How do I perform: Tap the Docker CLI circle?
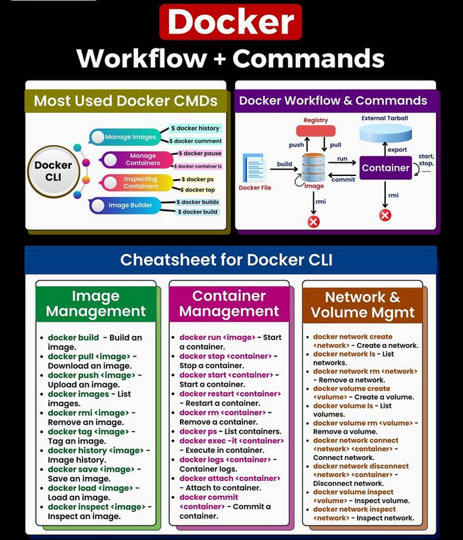click(x=53, y=171)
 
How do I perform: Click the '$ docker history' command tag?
click(x=195, y=128)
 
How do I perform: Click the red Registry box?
click(x=315, y=130)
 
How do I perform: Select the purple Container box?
click(x=385, y=168)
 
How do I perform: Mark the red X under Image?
click(x=313, y=221)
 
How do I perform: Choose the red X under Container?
click(x=385, y=215)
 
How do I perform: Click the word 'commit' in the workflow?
click(x=343, y=179)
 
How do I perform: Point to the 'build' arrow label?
click(x=285, y=164)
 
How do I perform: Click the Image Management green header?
click(x=96, y=304)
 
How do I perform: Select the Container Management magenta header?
click(x=228, y=304)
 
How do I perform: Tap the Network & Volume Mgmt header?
click(x=362, y=304)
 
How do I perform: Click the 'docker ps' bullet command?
click(x=199, y=431)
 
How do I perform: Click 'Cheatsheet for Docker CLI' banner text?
click(x=226, y=259)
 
